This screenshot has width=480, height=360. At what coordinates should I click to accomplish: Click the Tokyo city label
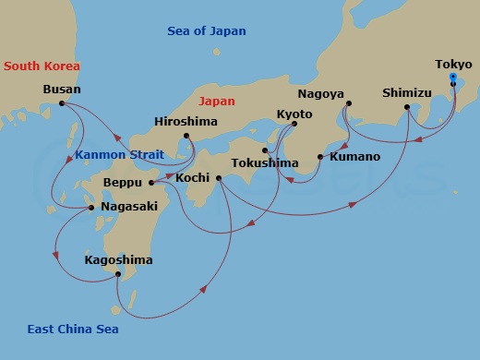tap(452, 65)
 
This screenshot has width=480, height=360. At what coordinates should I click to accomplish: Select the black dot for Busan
tap(62, 103)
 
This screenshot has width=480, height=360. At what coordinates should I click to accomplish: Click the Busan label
tap(62, 90)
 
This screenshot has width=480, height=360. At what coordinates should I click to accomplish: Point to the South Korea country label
tap(41, 66)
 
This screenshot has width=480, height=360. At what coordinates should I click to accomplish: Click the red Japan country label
tap(217, 101)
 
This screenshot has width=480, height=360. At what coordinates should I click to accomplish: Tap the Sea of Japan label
tap(207, 30)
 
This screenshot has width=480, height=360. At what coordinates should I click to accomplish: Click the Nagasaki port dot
tap(90, 208)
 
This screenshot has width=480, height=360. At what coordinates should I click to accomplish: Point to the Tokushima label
tap(267, 163)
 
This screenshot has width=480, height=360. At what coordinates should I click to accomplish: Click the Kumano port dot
tap(320, 157)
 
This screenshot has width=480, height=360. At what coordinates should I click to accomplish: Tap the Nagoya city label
tap(321, 94)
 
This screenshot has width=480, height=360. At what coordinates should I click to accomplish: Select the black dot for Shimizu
tap(407, 108)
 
